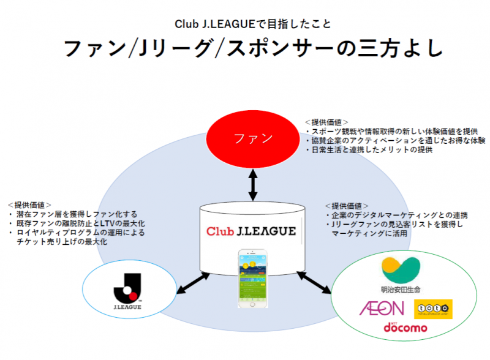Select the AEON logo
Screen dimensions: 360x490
click(382, 307)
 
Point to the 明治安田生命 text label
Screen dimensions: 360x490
click(401, 287)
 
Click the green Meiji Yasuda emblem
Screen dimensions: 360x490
click(401, 268)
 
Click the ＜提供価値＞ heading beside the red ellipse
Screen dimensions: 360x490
click(327, 122)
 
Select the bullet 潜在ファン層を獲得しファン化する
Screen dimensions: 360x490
click(74, 214)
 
